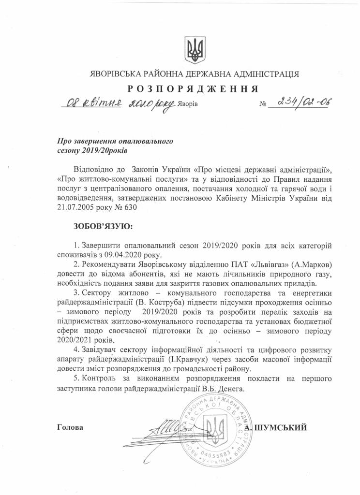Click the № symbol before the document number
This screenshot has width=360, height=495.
[264, 104]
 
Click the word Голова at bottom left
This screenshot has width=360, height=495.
[70, 427]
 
